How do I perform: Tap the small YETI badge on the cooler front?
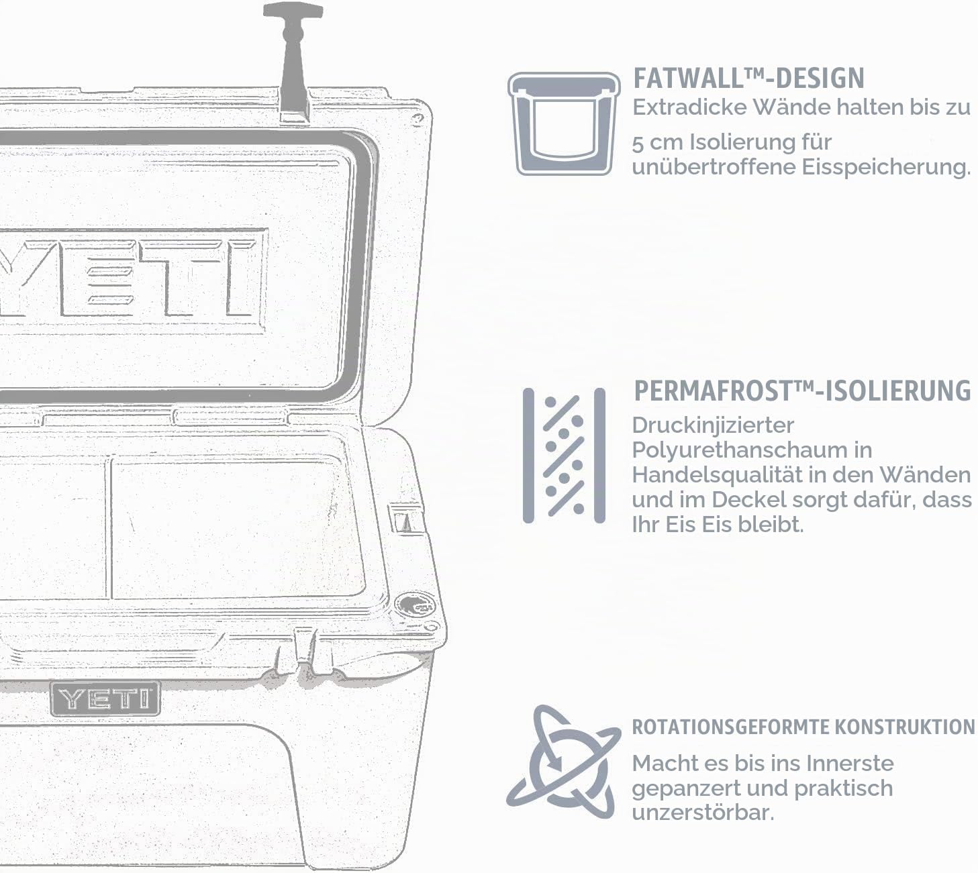pyautogui.click(x=105, y=699)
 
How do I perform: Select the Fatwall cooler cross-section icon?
pyautogui.click(x=564, y=123)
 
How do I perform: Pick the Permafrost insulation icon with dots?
pyautogui.click(x=564, y=455)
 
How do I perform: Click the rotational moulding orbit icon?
pyautogui.click(x=564, y=763)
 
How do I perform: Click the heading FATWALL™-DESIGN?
pyautogui.click(x=748, y=79)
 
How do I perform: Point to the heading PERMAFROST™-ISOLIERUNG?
pyautogui.click(x=802, y=391)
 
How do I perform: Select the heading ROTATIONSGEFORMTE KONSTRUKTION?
pyautogui.click(x=803, y=727)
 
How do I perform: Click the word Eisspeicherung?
pyautogui.click(x=886, y=168)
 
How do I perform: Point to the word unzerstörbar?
pyautogui.click(x=703, y=813)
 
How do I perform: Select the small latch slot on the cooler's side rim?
pyautogui.click(x=406, y=519)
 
